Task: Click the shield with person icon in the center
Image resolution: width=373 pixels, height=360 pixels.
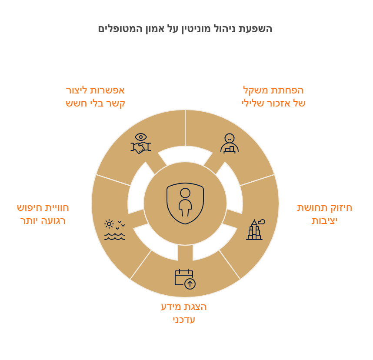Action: pos(185,203)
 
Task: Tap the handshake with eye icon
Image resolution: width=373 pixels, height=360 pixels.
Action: pos(141,143)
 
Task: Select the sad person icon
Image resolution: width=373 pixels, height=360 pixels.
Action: pos(230,143)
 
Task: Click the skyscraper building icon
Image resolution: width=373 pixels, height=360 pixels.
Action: pos(256,230)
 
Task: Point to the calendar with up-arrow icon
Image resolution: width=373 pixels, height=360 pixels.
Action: pos(185,279)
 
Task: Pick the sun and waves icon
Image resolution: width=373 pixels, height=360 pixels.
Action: pos(115,230)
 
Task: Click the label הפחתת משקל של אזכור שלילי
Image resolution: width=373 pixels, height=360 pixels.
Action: pos(273,97)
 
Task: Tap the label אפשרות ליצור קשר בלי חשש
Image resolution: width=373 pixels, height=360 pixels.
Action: pos(95,97)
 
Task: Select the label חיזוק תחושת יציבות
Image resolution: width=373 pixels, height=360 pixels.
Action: pos(324,214)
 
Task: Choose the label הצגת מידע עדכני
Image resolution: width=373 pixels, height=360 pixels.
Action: pos(183,313)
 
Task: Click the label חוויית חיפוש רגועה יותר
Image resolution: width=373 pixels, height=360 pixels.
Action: pos(43,214)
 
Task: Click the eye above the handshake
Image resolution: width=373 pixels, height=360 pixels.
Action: pos(141,137)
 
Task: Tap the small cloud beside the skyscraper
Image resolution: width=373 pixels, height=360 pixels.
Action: pos(262,221)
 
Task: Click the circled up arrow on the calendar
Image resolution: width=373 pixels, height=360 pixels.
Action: pos(190,284)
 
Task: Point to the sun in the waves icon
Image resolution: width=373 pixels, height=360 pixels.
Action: pos(109,224)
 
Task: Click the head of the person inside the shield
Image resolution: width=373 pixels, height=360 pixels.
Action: pos(185,193)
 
